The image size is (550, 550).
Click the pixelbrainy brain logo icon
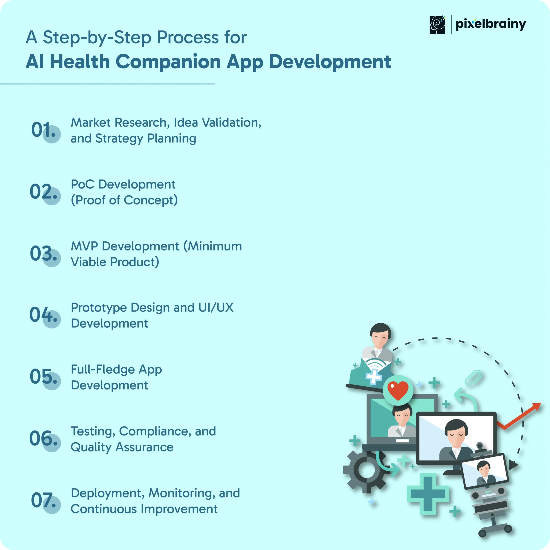point(437,25)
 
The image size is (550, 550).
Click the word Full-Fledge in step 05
point(103,370)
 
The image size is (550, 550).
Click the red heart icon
point(398,390)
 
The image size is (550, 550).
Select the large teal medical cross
point(428,494)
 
